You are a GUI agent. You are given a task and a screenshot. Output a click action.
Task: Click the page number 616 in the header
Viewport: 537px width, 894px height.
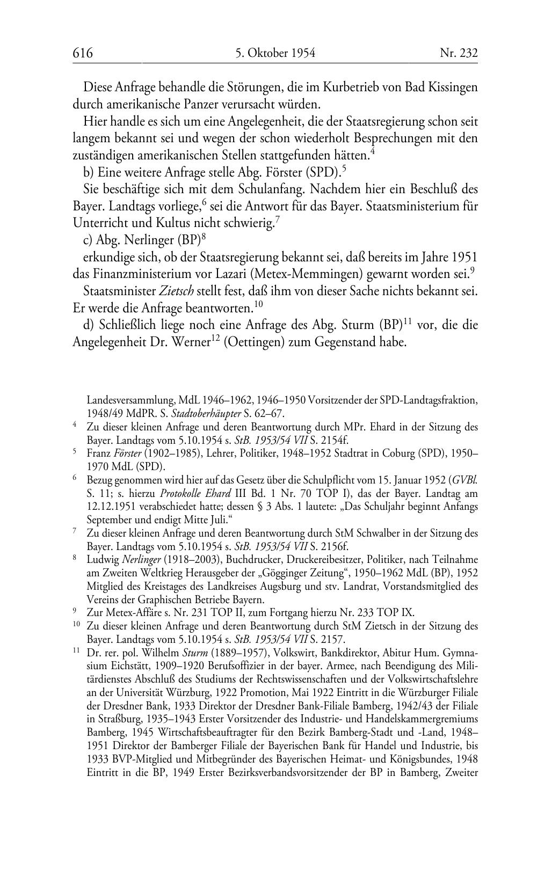click(83, 53)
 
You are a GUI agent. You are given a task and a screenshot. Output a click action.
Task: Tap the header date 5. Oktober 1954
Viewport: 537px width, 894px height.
click(275, 53)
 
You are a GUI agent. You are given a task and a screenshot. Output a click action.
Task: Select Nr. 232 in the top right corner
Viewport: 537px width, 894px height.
click(459, 53)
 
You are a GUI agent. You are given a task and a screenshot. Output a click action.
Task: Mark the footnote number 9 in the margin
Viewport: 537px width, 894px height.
click(75, 612)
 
